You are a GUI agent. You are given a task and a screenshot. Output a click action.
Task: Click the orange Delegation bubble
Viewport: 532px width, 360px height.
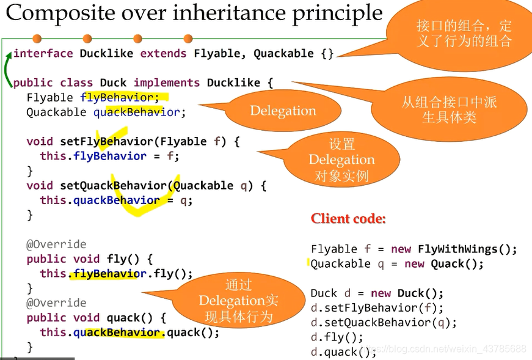(x=283, y=111)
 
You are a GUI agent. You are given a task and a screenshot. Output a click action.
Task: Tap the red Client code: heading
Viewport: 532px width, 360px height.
(x=348, y=219)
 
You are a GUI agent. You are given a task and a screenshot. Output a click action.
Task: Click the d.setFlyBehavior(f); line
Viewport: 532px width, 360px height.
(x=377, y=307)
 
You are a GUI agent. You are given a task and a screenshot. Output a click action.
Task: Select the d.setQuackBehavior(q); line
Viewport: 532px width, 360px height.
(x=384, y=322)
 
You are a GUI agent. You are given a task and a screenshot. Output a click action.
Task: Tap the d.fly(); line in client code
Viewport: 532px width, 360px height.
(x=337, y=337)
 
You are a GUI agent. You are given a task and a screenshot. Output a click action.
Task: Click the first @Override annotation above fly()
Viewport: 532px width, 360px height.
(x=56, y=244)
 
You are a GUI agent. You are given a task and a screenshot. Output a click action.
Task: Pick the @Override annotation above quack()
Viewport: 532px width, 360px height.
(x=56, y=303)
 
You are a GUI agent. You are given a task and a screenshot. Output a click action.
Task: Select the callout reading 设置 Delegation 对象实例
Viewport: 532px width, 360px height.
(x=341, y=160)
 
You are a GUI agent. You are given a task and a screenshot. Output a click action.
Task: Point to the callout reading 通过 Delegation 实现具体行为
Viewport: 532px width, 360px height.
(x=238, y=301)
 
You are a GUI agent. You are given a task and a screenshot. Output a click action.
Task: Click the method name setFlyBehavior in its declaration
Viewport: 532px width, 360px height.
(x=106, y=142)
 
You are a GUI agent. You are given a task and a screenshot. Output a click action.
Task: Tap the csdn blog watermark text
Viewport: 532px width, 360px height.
(x=452, y=349)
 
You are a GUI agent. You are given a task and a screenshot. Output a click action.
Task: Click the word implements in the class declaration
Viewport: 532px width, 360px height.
(x=167, y=83)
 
